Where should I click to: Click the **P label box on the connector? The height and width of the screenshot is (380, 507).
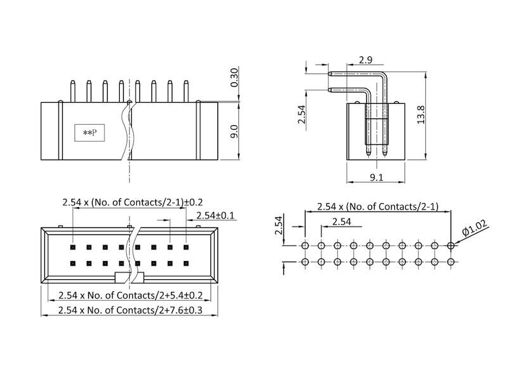pyautogui.click(x=89, y=132)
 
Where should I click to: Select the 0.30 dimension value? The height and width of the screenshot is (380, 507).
pyautogui.click(x=234, y=77)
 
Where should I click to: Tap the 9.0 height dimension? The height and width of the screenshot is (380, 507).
pyautogui.click(x=234, y=132)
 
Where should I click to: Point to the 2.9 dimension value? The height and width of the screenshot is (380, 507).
pyautogui.click(x=366, y=60)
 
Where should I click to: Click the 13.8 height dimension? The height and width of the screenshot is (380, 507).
pyautogui.click(x=421, y=115)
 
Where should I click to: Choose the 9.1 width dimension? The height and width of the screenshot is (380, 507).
pyautogui.click(x=376, y=177)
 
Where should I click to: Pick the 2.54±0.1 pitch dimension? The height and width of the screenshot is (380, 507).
pyautogui.click(x=215, y=215)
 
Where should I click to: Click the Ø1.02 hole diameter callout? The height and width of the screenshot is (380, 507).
pyautogui.click(x=475, y=228)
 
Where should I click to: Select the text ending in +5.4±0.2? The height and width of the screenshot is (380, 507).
pyautogui.click(x=131, y=295)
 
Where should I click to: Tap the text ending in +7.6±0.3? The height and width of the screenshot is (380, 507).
pyautogui.click(x=130, y=310)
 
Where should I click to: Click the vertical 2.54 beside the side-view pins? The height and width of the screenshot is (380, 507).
pyautogui.click(x=302, y=115)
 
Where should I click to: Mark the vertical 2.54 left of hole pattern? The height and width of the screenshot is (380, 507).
pyautogui.click(x=278, y=225)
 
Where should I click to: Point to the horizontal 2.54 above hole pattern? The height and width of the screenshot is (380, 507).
pyautogui.click(x=342, y=222)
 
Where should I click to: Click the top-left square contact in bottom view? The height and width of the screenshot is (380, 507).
pyautogui.click(x=73, y=247)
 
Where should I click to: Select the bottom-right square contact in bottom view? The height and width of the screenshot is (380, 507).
pyautogui.click(x=186, y=263)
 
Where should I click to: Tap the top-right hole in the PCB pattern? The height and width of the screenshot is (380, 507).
pyautogui.click(x=451, y=246)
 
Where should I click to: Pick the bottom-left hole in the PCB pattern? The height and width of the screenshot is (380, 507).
pyautogui.click(x=305, y=262)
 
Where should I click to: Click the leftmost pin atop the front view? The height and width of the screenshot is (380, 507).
pyautogui.click(x=73, y=91)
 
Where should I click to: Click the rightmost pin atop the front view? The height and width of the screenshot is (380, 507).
pyautogui.click(x=186, y=91)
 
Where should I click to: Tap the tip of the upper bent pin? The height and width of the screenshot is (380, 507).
pyautogui.click(x=328, y=73)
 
